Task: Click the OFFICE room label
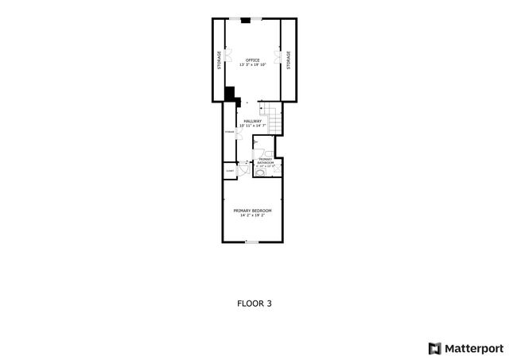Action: pos(253,60)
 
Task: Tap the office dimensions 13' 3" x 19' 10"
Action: pos(253,65)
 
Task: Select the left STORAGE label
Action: pos(218,60)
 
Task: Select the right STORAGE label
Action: pos(289,60)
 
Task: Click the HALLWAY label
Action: pos(253,121)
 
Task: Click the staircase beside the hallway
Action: pos(274,120)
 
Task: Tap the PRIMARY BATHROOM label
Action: pos(266,161)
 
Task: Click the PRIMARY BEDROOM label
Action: pos(253,210)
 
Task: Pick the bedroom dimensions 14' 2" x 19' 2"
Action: pos(253,215)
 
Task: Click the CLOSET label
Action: pos(230,170)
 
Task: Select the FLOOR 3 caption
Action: pos(254,303)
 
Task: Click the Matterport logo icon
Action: pos(433,347)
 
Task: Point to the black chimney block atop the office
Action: pos(246,20)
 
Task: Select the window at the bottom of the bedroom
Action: pos(251,241)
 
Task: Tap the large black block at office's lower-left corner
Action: pos(230,95)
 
